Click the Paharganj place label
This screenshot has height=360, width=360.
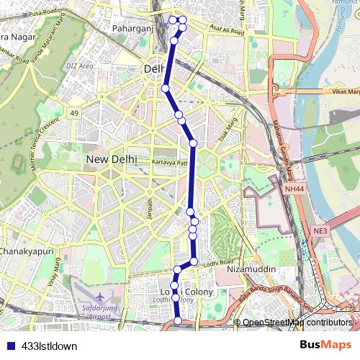click(x=130, y=29)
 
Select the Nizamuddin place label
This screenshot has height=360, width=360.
click(x=251, y=269)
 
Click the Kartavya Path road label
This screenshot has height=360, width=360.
click(x=168, y=162)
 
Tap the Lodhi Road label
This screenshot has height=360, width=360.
click(x=220, y=263)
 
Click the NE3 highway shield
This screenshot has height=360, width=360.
click(x=320, y=230)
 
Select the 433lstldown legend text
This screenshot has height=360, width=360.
click(x=50, y=346)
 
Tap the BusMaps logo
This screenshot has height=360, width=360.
click(x=330, y=345)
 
